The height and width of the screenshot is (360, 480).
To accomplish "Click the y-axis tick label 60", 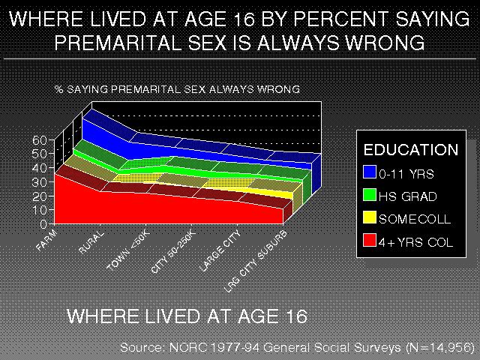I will (x=40, y=139).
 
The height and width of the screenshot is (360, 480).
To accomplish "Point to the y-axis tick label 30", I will (x=40, y=181).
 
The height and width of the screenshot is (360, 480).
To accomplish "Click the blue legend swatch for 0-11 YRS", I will (x=369, y=172).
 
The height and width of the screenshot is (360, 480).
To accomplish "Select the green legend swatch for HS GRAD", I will (x=369, y=196).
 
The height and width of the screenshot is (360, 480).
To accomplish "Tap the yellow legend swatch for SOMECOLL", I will (x=369, y=218).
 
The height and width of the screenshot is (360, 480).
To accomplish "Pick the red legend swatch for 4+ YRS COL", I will (x=369, y=241).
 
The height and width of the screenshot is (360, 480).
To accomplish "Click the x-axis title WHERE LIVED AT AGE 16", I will (x=187, y=316).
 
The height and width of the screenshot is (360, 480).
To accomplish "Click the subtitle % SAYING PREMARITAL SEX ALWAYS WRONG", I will (x=177, y=88).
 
